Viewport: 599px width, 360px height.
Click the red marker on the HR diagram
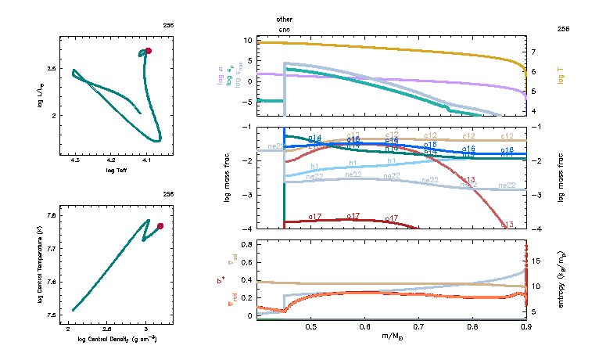(148, 51)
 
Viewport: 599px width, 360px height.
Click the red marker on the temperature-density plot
(160, 226)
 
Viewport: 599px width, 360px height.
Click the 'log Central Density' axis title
(117, 339)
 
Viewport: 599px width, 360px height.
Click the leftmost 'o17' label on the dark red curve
(316, 217)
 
